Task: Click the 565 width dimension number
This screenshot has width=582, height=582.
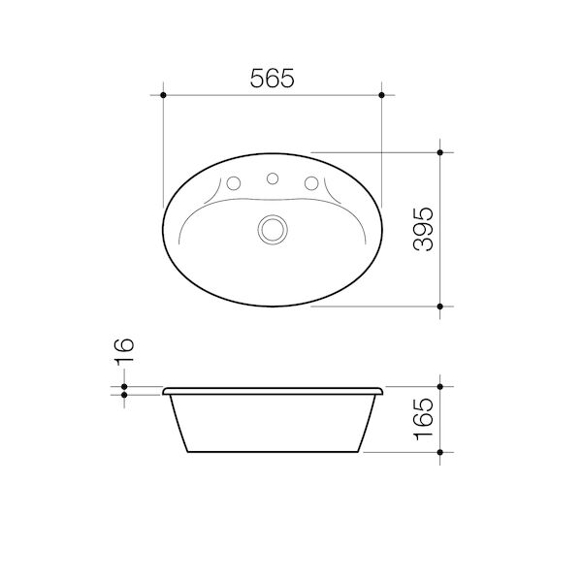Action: point(273,80)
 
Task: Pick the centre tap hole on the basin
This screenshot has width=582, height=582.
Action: point(273,178)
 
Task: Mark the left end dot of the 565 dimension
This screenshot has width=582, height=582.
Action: point(163,95)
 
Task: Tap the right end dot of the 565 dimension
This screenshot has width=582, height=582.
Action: point(383,95)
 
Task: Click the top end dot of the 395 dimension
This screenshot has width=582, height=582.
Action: point(440,152)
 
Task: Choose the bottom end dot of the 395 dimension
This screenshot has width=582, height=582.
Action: point(440,306)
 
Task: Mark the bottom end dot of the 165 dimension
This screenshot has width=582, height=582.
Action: point(440,452)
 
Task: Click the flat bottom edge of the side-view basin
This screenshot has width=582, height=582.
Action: point(273,452)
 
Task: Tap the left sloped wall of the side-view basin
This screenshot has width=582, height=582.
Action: point(178,424)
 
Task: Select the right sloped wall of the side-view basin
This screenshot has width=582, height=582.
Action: point(368,424)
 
